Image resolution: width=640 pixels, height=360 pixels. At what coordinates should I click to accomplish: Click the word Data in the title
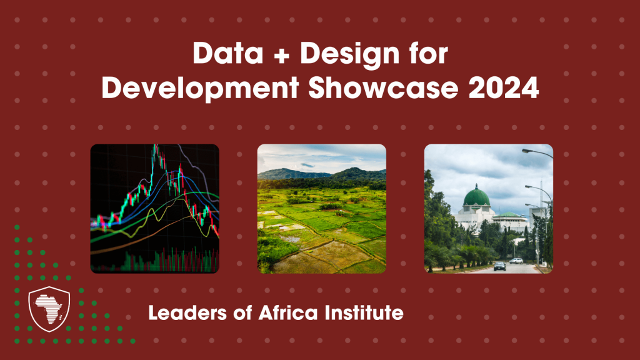(227, 54)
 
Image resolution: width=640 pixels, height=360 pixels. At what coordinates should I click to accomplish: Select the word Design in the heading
(350, 55)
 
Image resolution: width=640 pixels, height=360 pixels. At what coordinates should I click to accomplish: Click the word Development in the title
(201, 88)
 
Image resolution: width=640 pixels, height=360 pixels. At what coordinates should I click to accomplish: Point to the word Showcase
(383, 87)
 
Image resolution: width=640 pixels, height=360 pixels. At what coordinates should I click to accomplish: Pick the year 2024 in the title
(504, 87)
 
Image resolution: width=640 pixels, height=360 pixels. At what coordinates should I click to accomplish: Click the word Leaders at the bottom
(187, 313)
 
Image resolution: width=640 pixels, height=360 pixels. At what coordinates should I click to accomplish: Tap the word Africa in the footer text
(287, 313)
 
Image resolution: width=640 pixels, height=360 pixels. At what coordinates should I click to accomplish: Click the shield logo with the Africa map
(49, 309)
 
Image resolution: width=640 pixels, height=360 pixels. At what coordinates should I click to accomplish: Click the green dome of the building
(476, 196)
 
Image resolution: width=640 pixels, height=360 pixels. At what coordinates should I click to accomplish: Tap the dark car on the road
(499, 266)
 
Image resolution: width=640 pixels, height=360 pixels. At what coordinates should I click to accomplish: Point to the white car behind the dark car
(516, 261)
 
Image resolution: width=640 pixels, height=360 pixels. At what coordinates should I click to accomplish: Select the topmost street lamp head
(526, 151)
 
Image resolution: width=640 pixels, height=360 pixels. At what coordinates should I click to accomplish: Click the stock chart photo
(155, 209)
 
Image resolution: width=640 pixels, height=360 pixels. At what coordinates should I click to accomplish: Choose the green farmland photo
(322, 209)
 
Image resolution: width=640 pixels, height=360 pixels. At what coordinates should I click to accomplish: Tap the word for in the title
(429, 54)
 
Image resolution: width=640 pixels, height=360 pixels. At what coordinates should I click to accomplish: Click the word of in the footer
(242, 313)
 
